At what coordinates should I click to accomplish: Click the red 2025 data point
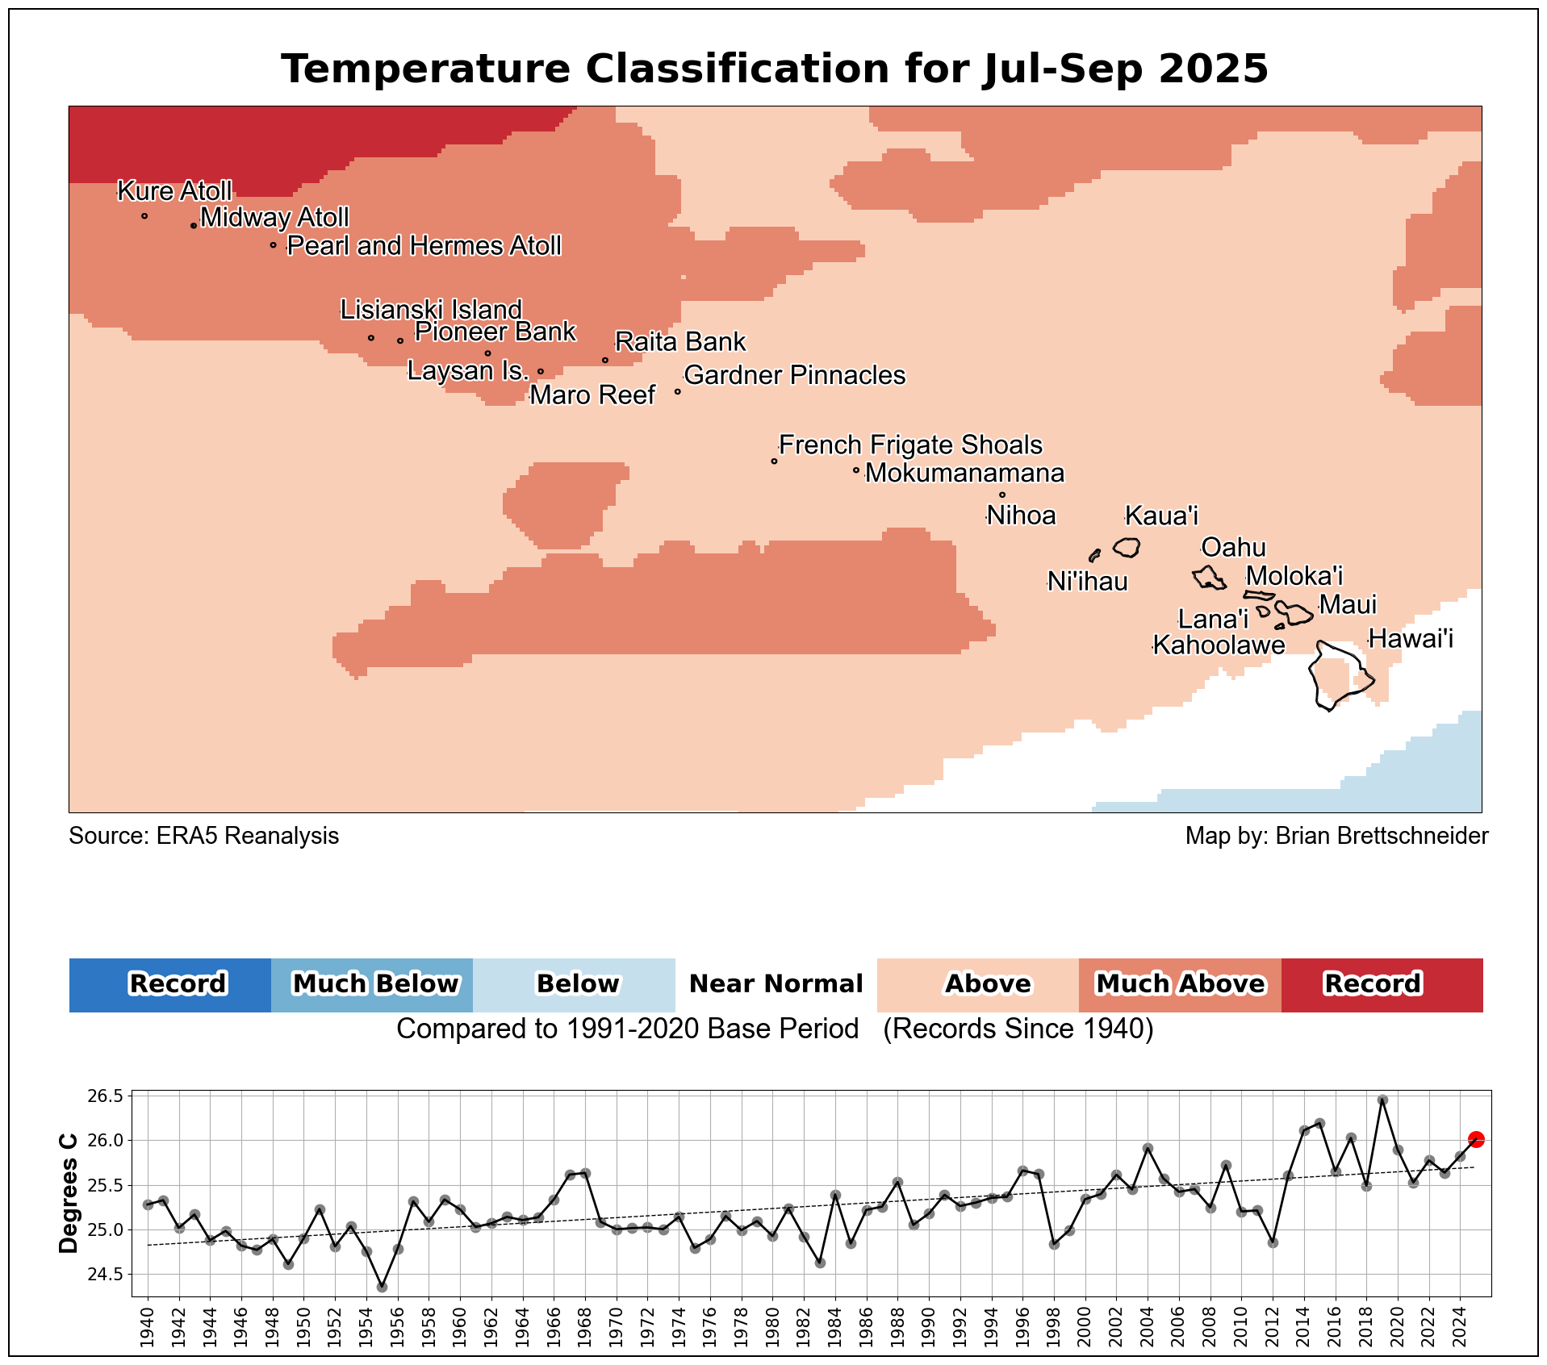(1476, 1139)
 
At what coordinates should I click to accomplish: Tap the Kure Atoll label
(174, 191)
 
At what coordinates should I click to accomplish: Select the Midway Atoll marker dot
(194, 226)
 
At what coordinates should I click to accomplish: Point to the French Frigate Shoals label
(910, 445)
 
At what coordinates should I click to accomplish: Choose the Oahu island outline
(1209, 578)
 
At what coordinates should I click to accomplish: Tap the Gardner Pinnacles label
(794, 375)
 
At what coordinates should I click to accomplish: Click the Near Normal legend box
(776, 984)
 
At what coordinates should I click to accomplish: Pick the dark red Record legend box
(1382, 984)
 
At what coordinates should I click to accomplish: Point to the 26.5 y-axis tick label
(107, 1096)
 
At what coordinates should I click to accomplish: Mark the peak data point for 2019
(1382, 1100)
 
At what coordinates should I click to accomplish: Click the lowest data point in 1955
(382, 1287)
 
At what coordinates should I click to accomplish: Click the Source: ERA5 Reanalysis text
(203, 836)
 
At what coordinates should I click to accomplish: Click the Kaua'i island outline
(1127, 547)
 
